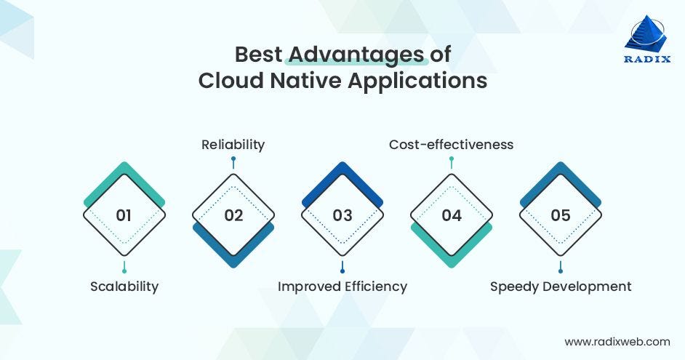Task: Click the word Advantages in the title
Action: point(356,55)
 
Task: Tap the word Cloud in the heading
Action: point(231,80)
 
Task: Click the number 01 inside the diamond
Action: point(124,215)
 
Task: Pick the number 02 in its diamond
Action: point(233,215)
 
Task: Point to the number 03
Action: point(342,215)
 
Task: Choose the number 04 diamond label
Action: point(452,215)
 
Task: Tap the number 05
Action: point(561,215)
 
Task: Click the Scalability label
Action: point(124,286)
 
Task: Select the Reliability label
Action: point(233,145)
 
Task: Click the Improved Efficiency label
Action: point(342,286)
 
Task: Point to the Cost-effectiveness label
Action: point(451,145)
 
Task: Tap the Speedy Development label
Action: point(561,286)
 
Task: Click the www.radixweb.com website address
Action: point(617,340)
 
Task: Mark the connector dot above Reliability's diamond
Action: point(233,159)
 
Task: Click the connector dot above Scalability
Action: point(124,271)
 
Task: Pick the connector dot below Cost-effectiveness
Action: point(451,159)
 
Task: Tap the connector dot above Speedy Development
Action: point(561,271)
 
